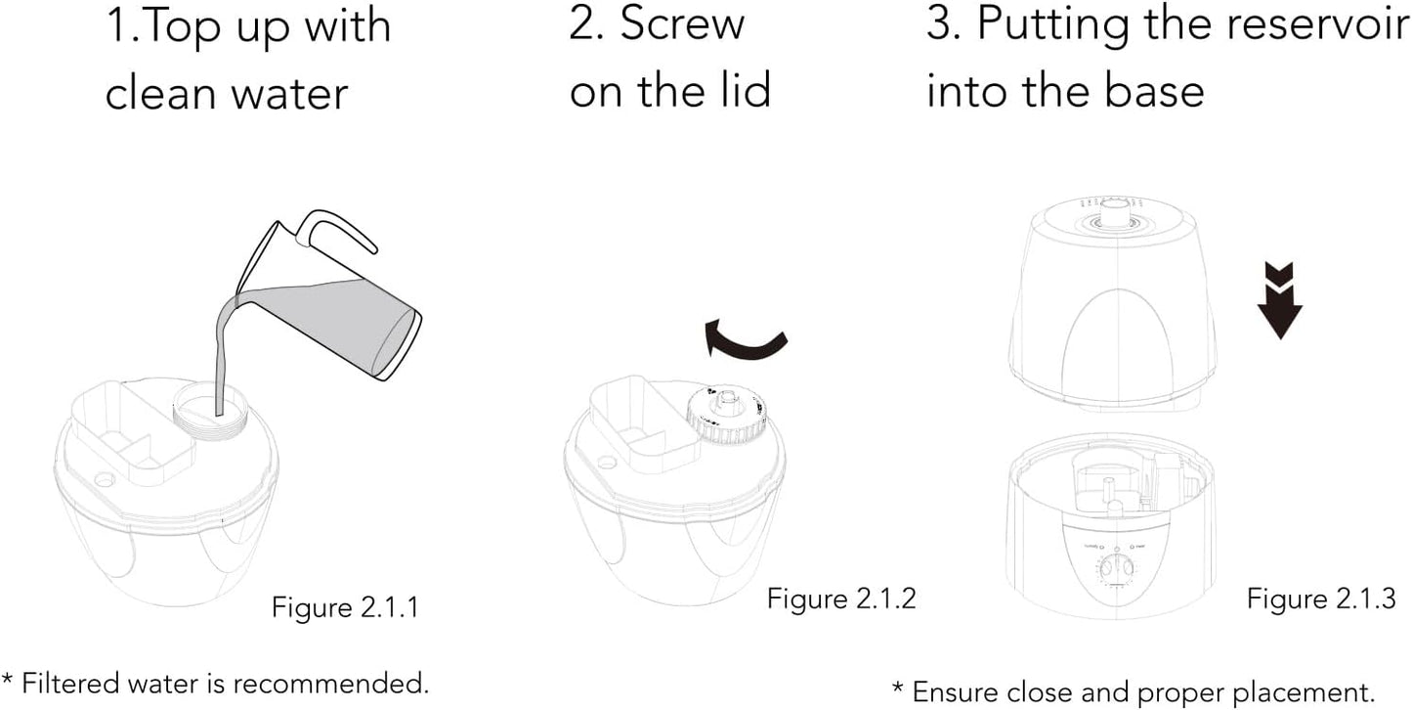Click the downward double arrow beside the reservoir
click(x=1280, y=300)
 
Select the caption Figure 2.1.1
click(x=345, y=607)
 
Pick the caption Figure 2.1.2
click(x=841, y=599)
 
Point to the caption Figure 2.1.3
click(x=1321, y=599)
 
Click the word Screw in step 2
click(x=682, y=24)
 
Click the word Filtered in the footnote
click(x=70, y=684)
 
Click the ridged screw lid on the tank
click(x=726, y=417)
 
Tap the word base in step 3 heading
click(x=1154, y=91)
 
